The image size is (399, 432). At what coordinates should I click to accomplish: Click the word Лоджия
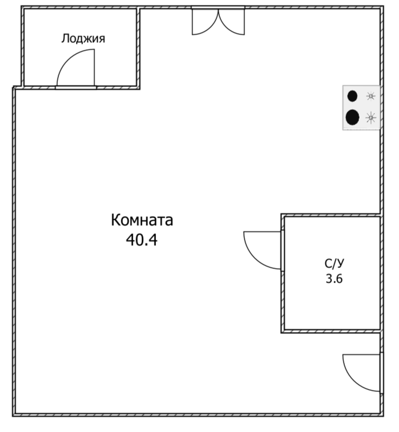pos(83,38)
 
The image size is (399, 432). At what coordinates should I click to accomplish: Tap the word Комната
pos(142,221)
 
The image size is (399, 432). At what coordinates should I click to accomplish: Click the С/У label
pos(334,264)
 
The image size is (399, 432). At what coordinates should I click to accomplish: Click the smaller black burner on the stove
pos(352,96)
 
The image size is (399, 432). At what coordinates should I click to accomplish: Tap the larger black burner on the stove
pos(353,117)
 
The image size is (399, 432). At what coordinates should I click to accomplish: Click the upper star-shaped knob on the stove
pos(371,96)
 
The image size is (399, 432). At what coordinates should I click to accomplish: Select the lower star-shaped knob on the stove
pos(371,117)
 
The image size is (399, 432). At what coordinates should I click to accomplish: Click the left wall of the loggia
pos(23,48)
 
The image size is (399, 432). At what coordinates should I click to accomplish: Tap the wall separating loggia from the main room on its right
pos(139,48)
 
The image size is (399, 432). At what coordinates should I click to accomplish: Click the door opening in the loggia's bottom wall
pos(76,87)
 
